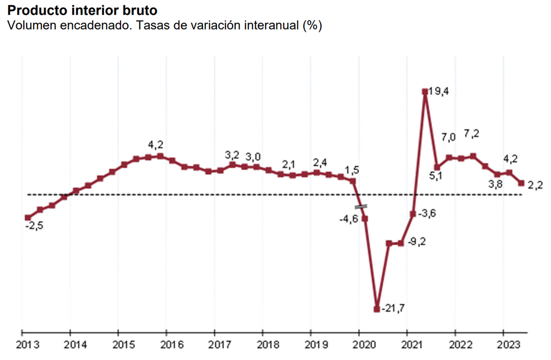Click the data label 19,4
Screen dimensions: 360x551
coord(438,91)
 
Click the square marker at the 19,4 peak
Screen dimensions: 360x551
coord(425,91)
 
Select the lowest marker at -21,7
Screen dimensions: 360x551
coord(377,309)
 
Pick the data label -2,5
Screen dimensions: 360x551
coord(34,227)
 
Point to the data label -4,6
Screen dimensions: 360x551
coord(348,219)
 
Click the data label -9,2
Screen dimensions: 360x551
coord(415,241)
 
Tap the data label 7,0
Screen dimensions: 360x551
coord(448,137)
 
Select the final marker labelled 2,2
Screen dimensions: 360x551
coord(521,183)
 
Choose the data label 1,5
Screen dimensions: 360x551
coord(352,170)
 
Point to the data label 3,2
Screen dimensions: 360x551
coord(232,155)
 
